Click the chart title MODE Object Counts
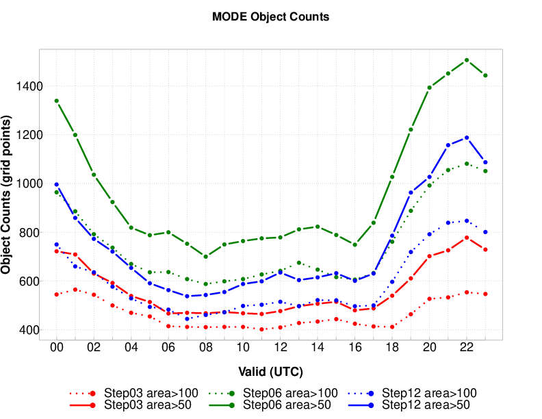[271, 17]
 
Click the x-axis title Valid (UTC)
[271, 372]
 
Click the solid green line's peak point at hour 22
[467, 60]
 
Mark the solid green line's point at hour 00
[56, 101]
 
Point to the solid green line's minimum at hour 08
[205, 256]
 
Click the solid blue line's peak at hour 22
[467, 138]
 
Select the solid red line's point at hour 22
[467, 238]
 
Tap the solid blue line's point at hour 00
[56, 184]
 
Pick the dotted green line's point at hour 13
[299, 262]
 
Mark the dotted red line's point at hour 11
[261, 329]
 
